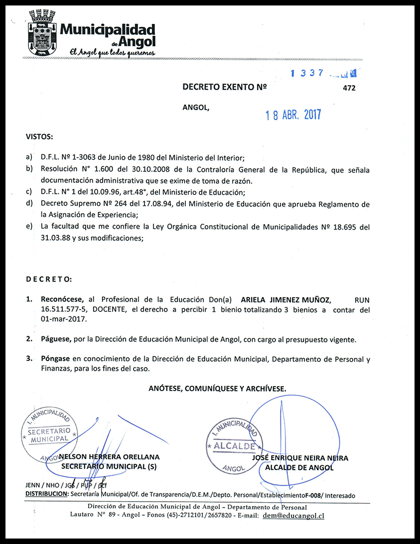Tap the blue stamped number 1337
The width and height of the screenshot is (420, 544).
308,73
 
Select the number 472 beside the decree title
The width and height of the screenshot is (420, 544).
350,88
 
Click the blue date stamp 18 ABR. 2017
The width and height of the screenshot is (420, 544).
293,115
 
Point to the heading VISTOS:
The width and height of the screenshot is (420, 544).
39,136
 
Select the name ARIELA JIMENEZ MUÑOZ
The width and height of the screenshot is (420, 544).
285,300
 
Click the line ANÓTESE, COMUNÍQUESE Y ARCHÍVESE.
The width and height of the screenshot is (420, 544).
217,388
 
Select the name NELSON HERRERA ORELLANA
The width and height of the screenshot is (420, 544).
110,457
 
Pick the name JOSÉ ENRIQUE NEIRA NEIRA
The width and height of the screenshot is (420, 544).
300,458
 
